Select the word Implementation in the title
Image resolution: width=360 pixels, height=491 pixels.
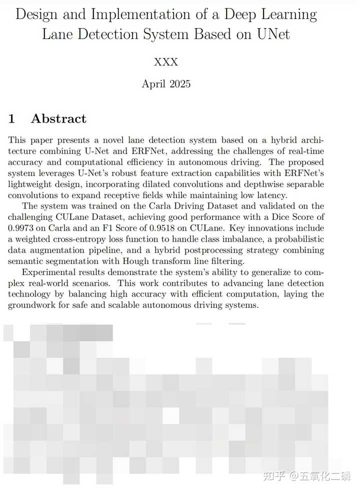point(118,14)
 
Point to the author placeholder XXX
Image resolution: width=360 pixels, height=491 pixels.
point(166,62)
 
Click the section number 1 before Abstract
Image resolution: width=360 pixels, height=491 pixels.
point(11,119)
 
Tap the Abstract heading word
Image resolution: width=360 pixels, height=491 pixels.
point(58,119)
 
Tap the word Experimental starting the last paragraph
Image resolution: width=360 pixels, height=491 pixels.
point(50,272)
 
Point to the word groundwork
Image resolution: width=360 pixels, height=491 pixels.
point(32,304)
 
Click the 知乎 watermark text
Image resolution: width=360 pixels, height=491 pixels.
point(274,476)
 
